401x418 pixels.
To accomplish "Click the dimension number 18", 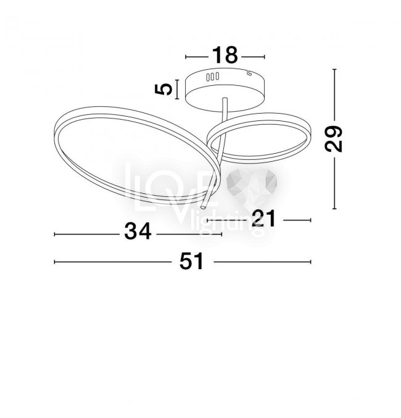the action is [x=225, y=55].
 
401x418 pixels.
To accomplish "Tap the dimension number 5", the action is [x=163, y=89].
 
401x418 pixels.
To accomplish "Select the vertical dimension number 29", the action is [x=333, y=139].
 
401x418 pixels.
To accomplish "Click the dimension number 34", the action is [x=138, y=232].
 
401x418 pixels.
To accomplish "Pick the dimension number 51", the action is [x=192, y=261].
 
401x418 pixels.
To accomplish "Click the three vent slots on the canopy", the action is [x=212, y=77].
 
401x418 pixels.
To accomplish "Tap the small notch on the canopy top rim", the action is [x=250, y=72].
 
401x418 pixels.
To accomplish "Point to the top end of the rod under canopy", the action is [x=225, y=99].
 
